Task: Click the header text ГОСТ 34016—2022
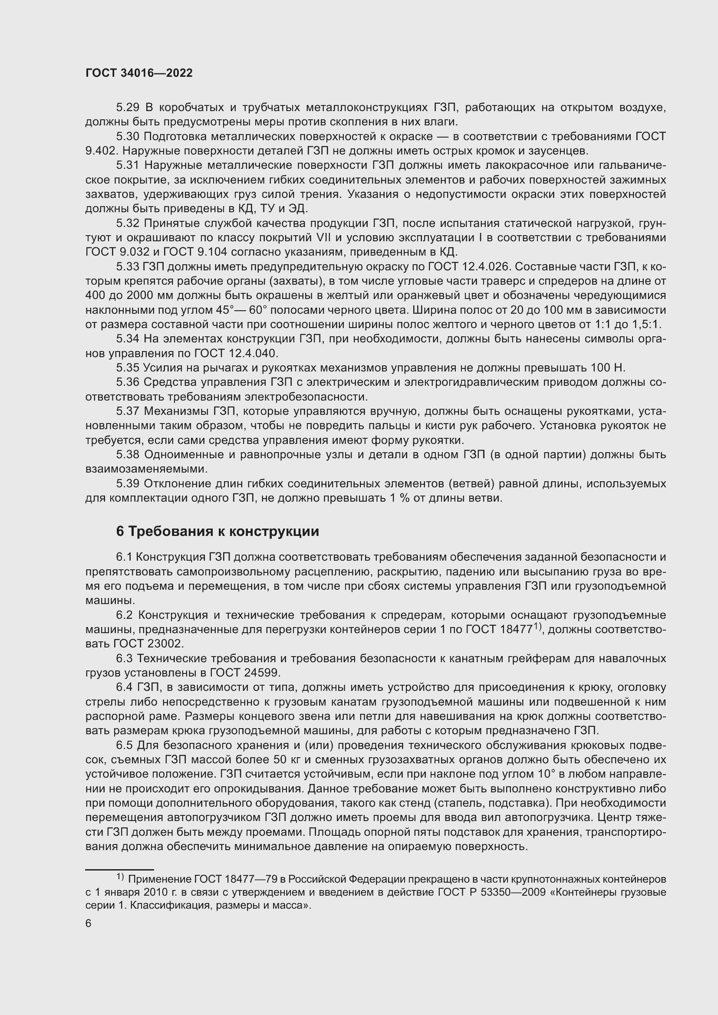(139, 73)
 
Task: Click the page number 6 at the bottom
(89, 923)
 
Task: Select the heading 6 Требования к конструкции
(217, 531)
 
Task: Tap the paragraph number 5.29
(128, 108)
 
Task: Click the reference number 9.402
(101, 151)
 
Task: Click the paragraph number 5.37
(128, 411)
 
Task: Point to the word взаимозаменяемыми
(146, 469)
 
